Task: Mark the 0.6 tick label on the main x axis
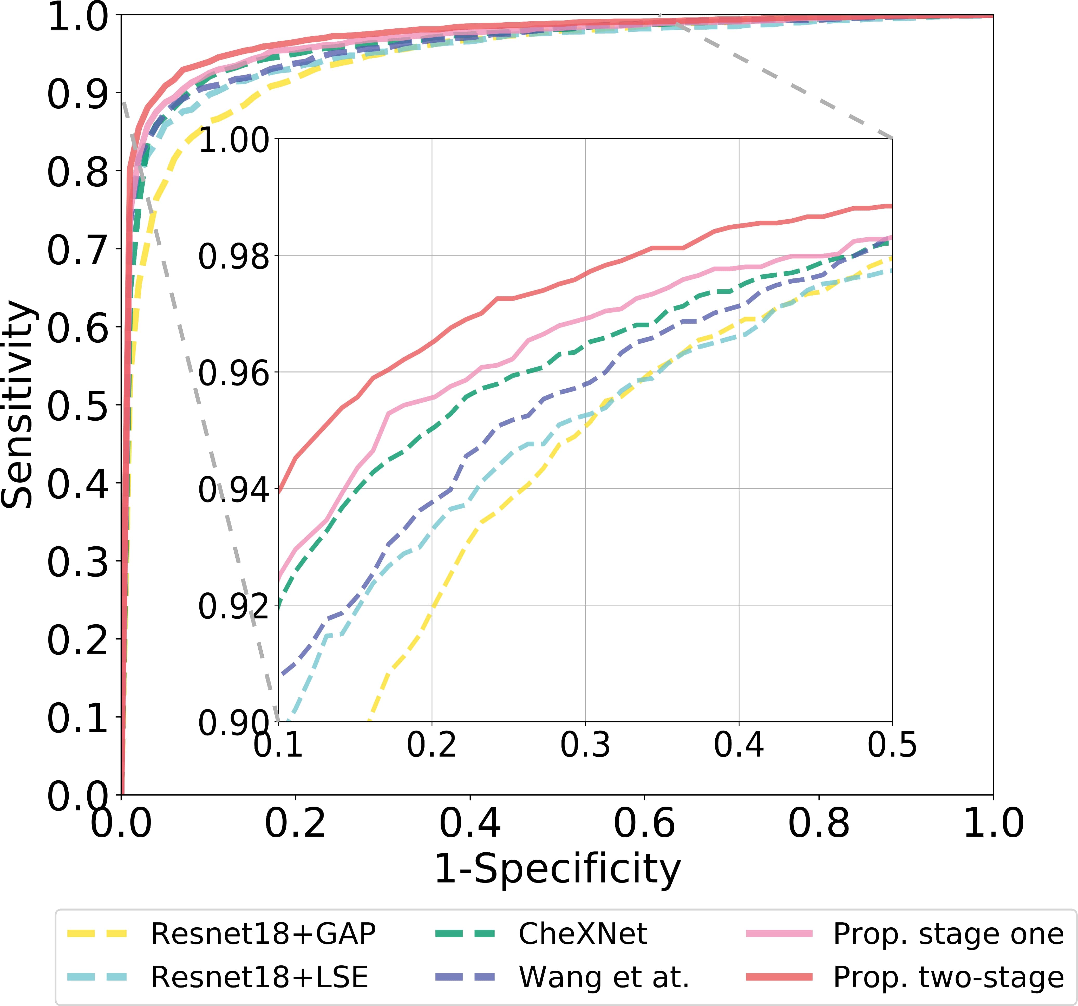[644, 823]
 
